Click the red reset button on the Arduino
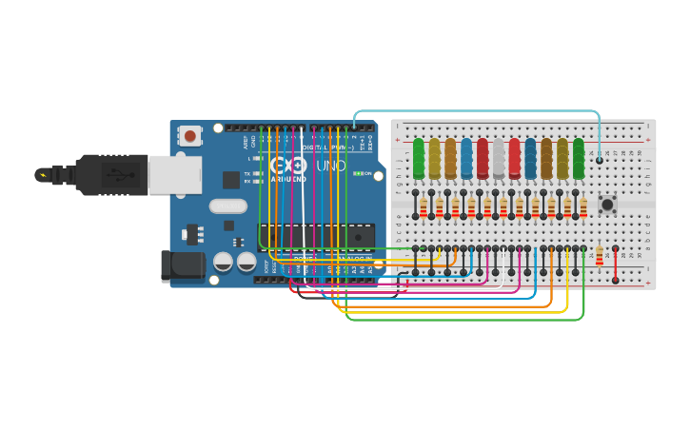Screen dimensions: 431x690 [190, 136]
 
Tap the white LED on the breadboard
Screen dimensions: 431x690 [499, 158]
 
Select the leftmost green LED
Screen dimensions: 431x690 [418, 158]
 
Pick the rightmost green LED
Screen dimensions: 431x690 [579, 158]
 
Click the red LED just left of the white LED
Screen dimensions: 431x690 [483, 158]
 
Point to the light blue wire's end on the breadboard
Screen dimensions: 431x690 [600, 160]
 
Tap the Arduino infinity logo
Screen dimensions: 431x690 [288, 165]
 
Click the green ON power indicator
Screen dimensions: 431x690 [360, 174]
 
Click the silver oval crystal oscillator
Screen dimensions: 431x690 [228, 206]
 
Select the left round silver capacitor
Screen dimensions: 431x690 [224, 262]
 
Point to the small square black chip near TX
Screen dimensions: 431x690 [231, 179]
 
